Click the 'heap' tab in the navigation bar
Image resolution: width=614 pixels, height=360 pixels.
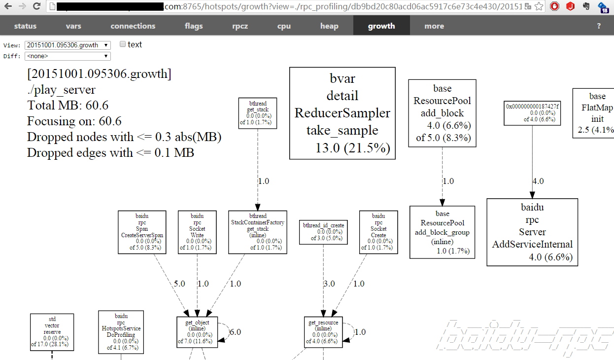point(329,26)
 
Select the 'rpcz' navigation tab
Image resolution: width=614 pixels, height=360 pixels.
point(240,26)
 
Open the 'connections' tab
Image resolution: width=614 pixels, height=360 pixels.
point(133,26)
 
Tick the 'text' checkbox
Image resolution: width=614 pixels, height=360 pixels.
point(123,44)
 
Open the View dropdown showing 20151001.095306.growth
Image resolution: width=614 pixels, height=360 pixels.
point(68,45)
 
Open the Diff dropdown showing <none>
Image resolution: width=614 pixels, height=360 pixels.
point(68,56)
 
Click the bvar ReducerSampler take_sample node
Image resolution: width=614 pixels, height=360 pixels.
point(342,113)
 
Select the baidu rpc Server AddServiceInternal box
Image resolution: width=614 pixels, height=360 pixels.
point(532,232)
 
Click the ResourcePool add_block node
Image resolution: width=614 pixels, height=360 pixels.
point(443,113)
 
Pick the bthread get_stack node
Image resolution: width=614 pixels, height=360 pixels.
point(257,113)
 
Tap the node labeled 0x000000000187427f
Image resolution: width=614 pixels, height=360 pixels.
point(532,112)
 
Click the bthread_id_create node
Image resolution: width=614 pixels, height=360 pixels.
point(323,232)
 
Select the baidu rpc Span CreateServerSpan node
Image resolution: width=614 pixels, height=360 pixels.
point(142,232)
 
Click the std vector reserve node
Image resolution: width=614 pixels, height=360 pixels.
point(52,332)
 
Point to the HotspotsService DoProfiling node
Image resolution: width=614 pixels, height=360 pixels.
point(121,331)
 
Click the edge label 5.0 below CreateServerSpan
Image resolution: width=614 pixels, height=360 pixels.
point(179,284)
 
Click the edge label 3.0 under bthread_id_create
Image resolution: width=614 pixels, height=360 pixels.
point(329,284)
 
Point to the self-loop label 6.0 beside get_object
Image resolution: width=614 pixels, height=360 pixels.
point(236,332)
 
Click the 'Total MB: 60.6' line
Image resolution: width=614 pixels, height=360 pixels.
point(68,106)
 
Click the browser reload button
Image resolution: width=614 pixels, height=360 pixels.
point(36,7)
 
